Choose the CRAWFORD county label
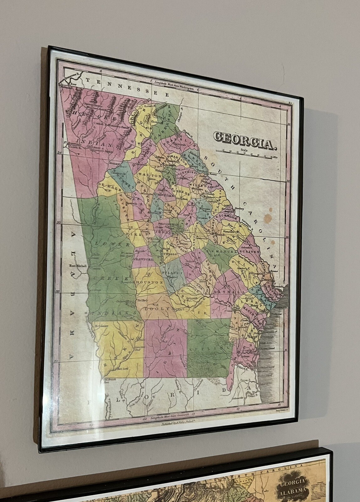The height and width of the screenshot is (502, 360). [x=143, y=260]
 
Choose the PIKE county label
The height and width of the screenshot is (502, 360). [x=131, y=234]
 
